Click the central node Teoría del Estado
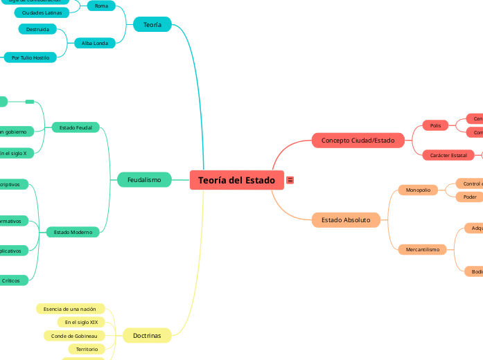point(236,180)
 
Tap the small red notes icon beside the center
point(290,180)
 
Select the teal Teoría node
point(152,24)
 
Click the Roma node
point(101,6)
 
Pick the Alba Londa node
point(95,43)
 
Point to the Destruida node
point(37,30)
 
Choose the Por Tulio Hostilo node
point(30,57)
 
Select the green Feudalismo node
point(144,180)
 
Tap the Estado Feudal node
point(76,127)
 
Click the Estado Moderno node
point(73,233)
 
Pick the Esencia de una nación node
point(69,309)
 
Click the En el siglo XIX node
point(81,323)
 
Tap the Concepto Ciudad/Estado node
point(358,141)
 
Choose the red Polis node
point(435,125)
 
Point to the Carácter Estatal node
point(448,155)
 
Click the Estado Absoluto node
point(346,220)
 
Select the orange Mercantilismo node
point(422,249)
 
